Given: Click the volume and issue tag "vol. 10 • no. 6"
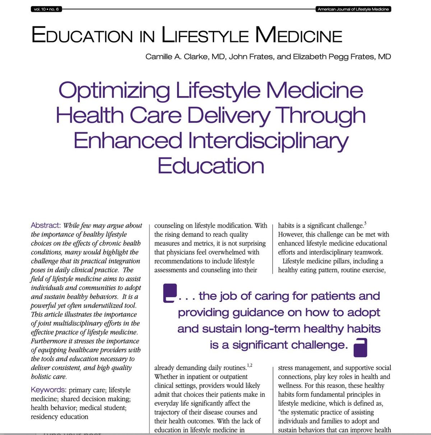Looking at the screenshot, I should pyautogui.click(x=46, y=9).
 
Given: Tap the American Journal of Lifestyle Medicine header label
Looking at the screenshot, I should pyautogui.click(x=353, y=9).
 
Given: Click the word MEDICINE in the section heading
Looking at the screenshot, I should pyautogui.click(x=298, y=36).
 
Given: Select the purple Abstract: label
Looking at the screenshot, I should pyautogui.click(x=46, y=225).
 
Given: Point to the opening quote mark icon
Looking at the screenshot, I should pyautogui.click(x=170, y=293).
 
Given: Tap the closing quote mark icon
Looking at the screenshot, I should pyautogui.click(x=360, y=347).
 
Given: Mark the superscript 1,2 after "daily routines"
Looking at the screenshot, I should pyautogui.click(x=250, y=366).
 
